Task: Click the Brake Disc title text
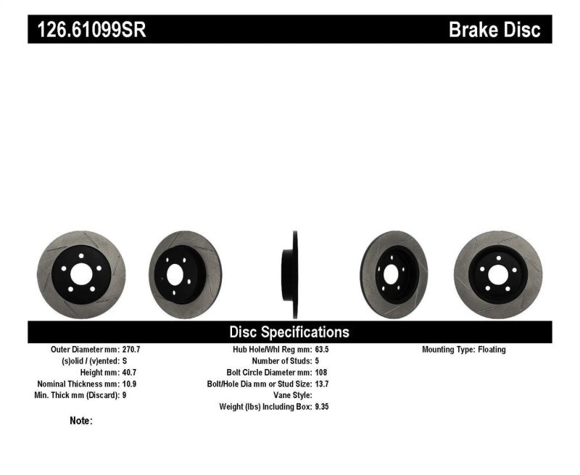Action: tap(494, 30)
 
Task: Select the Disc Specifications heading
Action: tap(289, 332)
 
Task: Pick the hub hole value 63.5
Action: tap(321, 350)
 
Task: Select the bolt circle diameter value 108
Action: tap(320, 373)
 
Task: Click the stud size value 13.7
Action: tap(321, 384)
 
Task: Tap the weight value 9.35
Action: tap(322, 407)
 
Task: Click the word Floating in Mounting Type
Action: tap(492, 350)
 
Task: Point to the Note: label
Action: tap(81, 421)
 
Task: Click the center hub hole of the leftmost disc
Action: tap(80, 275)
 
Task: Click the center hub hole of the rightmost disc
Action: tap(497, 275)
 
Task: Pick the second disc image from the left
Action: tap(185, 275)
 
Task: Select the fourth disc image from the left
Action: tap(394, 275)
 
